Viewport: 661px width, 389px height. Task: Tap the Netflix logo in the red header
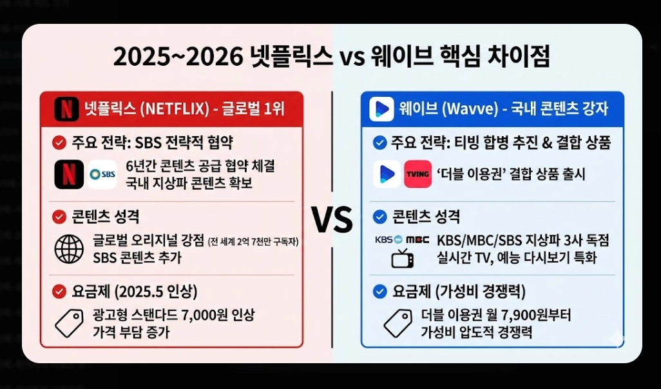(x=66, y=108)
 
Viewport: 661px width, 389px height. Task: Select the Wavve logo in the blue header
(x=381, y=108)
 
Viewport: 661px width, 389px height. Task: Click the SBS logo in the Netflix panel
(x=102, y=174)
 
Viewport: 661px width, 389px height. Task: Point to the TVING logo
(x=417, y=174)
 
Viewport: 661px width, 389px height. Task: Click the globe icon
(x=69, y=250)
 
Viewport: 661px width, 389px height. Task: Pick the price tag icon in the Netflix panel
(x=69, y=323)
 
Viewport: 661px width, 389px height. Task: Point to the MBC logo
(x=417, y=240)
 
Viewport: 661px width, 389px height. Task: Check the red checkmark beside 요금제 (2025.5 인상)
(x=59, y=292)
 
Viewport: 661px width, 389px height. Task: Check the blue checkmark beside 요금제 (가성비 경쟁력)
(x=379, y=292)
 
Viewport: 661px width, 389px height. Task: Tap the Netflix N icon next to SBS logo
(x=69, y=174)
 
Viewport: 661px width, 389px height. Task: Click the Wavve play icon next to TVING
(x=387, y=174)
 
